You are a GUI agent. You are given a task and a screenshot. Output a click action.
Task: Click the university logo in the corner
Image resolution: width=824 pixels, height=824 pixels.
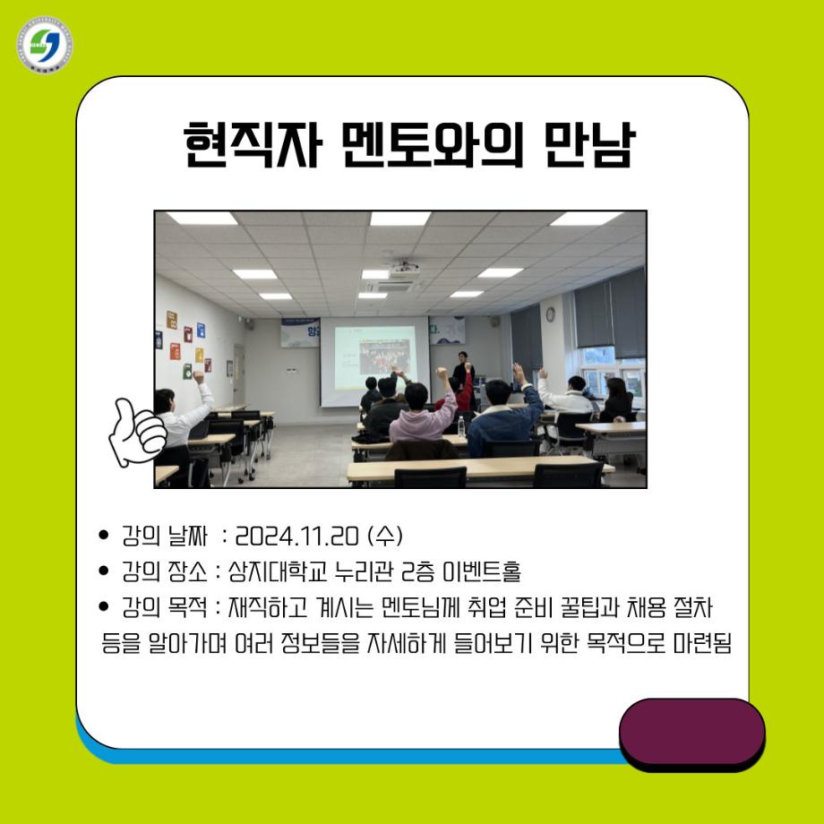click(44, 44)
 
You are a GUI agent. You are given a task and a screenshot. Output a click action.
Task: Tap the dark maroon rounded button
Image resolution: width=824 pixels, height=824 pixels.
click(691, 732)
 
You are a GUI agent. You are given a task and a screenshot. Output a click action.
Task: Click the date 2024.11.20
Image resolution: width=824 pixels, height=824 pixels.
click(294, 536)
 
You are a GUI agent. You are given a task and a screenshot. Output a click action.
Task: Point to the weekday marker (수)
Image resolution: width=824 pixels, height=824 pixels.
click(385, 536)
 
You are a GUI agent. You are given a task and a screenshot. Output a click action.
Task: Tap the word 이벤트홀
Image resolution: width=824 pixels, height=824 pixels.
click(471, 571)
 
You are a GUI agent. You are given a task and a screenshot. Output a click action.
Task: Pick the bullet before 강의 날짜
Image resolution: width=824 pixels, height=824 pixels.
click(105, 537)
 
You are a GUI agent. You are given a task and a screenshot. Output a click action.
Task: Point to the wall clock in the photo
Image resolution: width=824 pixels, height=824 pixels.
click(550, 313)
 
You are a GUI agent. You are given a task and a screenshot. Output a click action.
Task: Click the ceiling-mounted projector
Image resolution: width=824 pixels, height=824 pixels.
click(405, 268)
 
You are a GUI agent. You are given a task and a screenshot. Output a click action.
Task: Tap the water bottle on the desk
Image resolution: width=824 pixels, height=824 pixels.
click(461, 426)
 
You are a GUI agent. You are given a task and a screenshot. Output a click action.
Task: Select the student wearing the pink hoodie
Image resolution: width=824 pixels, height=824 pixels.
click(420, 416)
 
